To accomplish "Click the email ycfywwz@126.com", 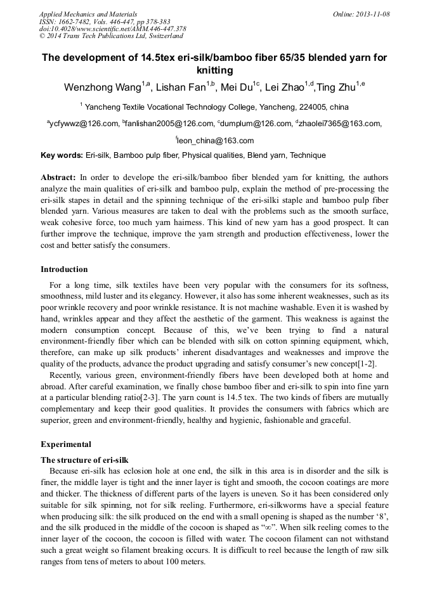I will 84,124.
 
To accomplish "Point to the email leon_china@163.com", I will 216,141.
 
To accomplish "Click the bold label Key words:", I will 62,155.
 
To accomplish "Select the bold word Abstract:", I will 58,178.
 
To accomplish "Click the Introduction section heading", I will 64,269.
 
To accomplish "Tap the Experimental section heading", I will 66,444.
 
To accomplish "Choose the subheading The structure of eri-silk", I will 84,459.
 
